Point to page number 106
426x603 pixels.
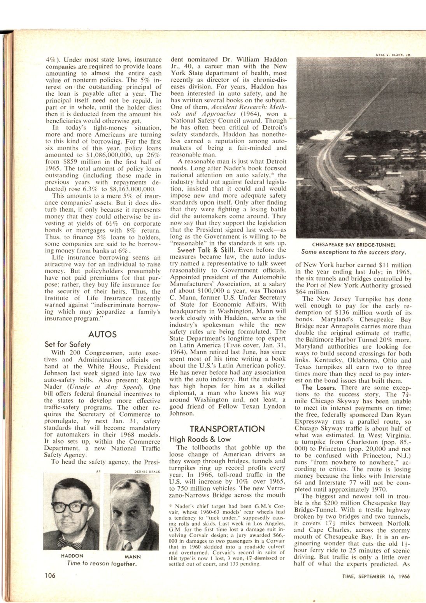coord(51,576)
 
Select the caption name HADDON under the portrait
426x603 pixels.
coord(72,556)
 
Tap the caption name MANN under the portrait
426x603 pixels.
coord(132,556)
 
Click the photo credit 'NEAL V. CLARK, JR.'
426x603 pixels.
coord(393,55)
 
